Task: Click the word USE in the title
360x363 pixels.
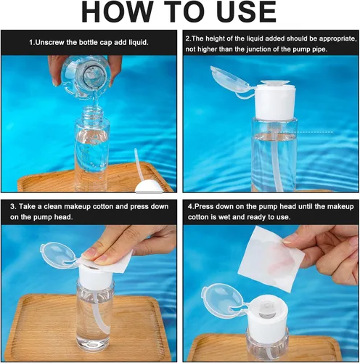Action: click(x=247, y=12)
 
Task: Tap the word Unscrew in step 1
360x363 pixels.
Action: click(x=50, y=43)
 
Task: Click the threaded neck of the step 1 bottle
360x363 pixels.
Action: click(x=93, y=113)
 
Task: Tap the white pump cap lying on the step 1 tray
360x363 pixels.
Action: click(x=149, y=187)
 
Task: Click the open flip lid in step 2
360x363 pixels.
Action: click(x=230, y=81)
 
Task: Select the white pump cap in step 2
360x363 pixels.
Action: click(x=274, y=100)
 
